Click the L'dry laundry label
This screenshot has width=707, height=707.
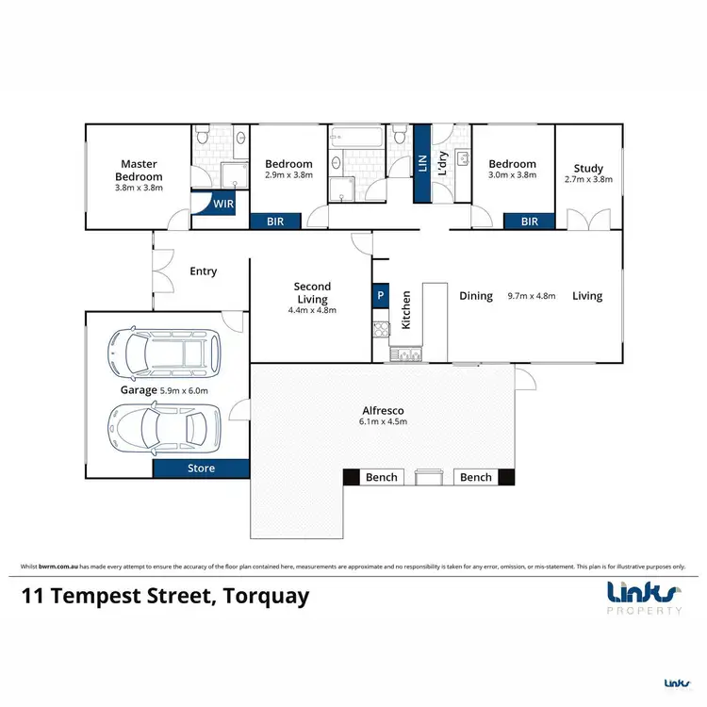tap(442, 164)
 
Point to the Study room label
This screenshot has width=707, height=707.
tap(588, 164)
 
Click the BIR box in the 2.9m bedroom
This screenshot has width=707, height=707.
tap(276, 222)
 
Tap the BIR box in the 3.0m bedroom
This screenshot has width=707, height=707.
tap(529, 222)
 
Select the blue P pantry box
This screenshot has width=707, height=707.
tap(381, 294)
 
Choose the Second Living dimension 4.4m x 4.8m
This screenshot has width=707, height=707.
tap(313, 309)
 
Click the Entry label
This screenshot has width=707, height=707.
tap(203, 271)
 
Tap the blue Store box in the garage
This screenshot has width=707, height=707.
tap(201, 469)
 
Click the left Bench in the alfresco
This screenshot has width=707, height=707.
tap(382, 478)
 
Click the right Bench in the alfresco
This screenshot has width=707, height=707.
tap(476, 478)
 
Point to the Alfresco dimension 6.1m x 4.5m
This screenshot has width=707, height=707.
tap(384, 422)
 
